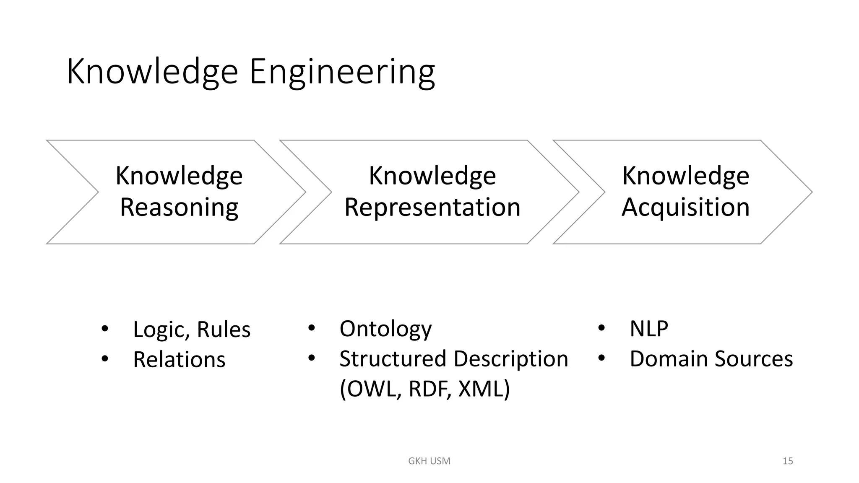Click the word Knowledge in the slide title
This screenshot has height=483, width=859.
click(x=152, y=72)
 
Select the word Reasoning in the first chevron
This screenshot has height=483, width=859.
click(x=179, y=207)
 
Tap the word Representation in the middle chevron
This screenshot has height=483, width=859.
click(x=432, y=207)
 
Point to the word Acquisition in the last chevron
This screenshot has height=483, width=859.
click(x=685, y=207)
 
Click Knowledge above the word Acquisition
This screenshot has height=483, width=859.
click(x=685, y=176)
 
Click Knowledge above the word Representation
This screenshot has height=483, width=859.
click(x=432, y=176)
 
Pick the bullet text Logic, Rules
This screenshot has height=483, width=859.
click(x=192, y=329)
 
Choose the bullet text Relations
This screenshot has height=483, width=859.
click(x=179, y=360)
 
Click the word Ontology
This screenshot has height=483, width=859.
click(x=385, y=329)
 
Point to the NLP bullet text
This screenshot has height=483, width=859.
click(x=648, y=329)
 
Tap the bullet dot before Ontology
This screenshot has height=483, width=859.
click(x=311, y=328)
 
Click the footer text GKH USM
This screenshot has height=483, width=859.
click(x=429, y=461)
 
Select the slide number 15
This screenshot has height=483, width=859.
click(x=787, y=461)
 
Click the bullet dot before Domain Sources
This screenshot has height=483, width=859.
click(x=601, y=358)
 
